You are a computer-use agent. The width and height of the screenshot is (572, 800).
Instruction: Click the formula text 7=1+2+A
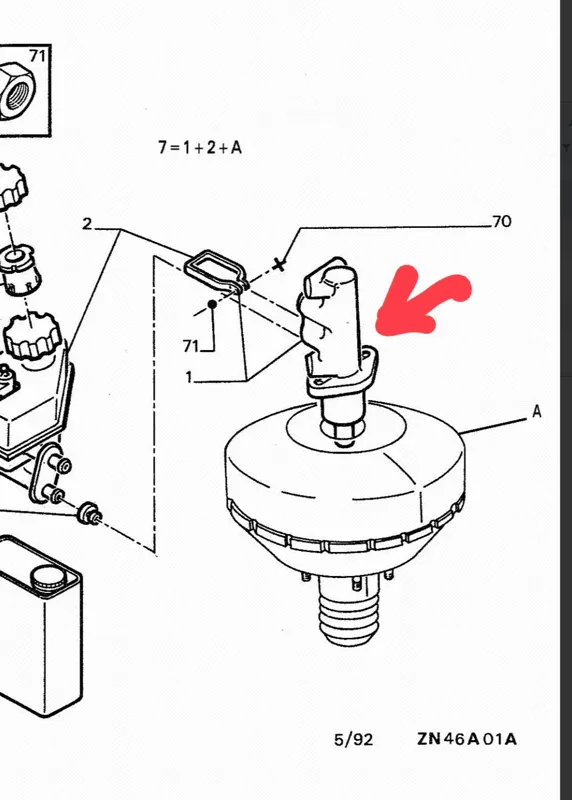(x=200, y=147)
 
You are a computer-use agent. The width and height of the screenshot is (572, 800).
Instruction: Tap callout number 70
(x=502, y=221)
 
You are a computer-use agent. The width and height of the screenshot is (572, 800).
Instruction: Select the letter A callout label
(x=536, y=411)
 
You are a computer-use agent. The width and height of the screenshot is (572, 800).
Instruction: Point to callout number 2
(x=87, y=223)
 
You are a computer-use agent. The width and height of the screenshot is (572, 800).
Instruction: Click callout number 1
(x=189, y=377)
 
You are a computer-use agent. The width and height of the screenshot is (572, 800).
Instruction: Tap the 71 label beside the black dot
(x=190, y=346)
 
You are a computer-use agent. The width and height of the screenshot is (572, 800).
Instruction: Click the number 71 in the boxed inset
(x=37, y=55)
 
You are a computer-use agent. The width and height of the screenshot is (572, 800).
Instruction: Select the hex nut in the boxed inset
(x=17, y=91)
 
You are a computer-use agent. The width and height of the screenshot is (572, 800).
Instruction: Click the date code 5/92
(x=354, y=739)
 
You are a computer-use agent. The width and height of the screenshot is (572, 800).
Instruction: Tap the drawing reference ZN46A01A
(x=466, y=738)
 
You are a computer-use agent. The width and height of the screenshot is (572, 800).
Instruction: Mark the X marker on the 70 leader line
(x=279, y=264)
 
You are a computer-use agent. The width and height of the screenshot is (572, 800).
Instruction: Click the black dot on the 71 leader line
(x=212, y=305)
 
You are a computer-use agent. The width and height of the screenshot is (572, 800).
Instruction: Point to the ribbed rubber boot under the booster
(x=349, y=609)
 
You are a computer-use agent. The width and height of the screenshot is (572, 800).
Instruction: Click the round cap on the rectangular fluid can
(x=48, y=577)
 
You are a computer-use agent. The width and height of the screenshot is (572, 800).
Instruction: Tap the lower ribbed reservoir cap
(x=33, y=336)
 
